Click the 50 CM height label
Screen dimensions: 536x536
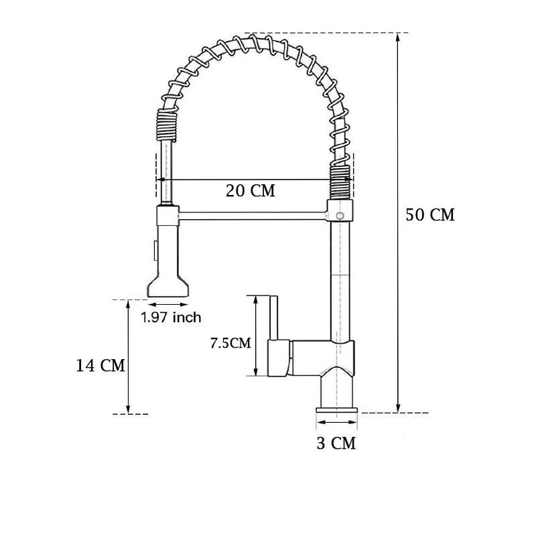430,215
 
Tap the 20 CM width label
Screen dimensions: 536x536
251,190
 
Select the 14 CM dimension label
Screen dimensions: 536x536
100,365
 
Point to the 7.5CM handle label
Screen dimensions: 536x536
230,343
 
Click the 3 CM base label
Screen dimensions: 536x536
337,443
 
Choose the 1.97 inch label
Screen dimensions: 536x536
171,318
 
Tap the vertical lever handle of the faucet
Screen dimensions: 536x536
273,318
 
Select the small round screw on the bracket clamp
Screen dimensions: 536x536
340,216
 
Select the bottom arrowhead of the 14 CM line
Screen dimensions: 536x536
128,409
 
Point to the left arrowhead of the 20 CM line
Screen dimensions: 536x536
159,180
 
